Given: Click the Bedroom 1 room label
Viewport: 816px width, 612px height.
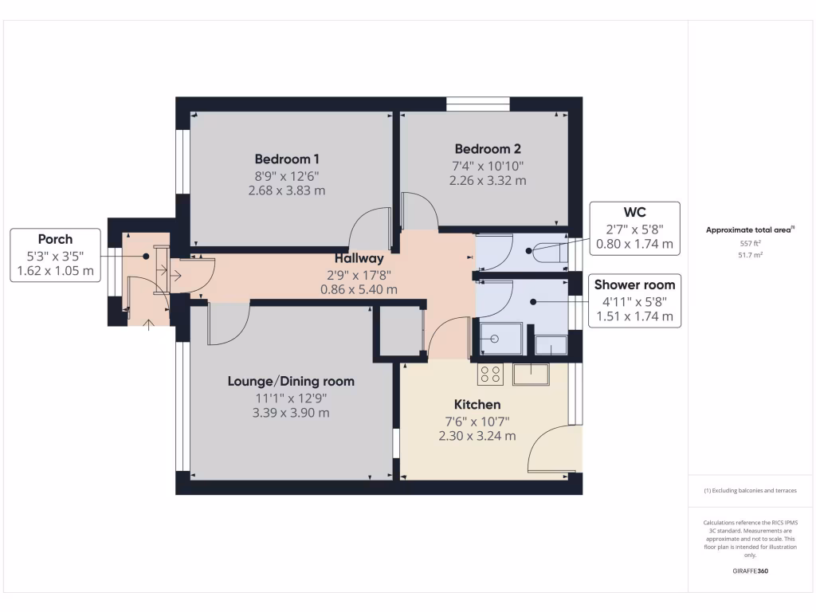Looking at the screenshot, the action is coord(287,159).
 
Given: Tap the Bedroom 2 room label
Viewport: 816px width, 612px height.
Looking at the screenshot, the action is coord(488,149).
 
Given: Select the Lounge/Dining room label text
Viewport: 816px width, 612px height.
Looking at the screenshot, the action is coord(291,382).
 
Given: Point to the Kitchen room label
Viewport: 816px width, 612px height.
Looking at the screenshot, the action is coord(477,404).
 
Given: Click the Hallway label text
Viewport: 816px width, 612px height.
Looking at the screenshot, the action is coord(359,259).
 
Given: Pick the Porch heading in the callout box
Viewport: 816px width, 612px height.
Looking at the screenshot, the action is coord(55,239).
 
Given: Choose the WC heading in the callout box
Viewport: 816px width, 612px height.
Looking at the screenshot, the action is coord(634,212).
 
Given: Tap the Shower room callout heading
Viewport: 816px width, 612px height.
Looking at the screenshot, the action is coord(634,285).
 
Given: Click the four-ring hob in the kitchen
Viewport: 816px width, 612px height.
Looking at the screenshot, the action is coord(490,375).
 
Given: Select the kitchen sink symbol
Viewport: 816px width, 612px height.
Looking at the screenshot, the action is coord(531,375).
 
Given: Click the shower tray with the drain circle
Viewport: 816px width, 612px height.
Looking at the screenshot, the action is coord(500,339).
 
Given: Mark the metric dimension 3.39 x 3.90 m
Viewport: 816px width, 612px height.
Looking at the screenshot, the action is coord(291,414).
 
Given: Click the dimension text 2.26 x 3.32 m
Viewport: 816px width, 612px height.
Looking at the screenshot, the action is coord(488,181).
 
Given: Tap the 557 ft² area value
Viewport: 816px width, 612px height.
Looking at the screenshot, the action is coord(751,244).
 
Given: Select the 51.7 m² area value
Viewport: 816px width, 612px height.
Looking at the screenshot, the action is coord(751,255).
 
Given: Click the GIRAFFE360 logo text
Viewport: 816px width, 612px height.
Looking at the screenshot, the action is coord(751,571).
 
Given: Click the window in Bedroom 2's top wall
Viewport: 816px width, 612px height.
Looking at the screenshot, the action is coord(478,104).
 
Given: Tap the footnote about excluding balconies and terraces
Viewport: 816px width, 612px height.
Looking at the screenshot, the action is coord(751,490).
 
